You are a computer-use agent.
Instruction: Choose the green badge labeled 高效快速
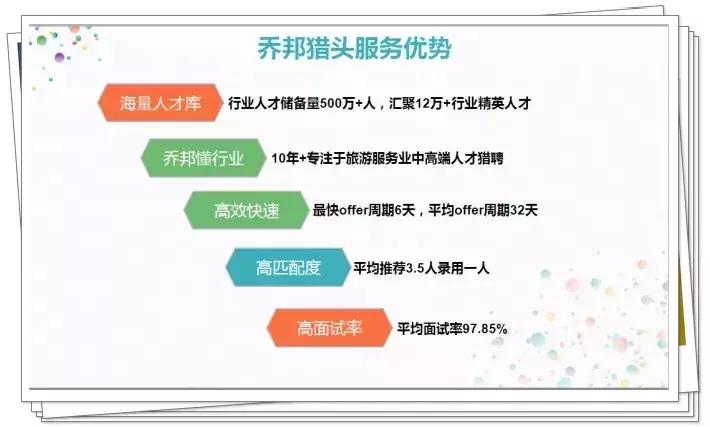point(246,211)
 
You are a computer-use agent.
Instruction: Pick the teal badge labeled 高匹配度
point(287,267)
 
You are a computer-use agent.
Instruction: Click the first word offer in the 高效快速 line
point(352,211)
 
